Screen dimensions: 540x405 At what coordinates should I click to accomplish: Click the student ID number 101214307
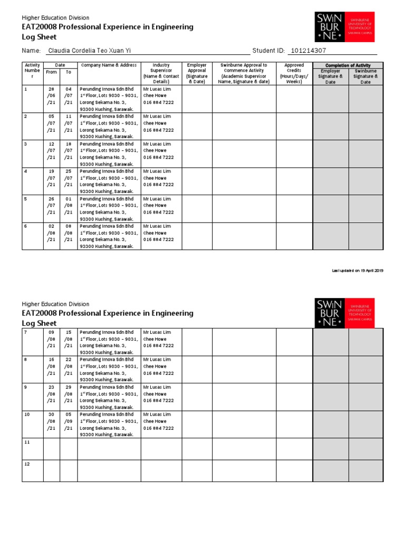308,51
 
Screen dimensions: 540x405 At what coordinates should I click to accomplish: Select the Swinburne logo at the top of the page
344,27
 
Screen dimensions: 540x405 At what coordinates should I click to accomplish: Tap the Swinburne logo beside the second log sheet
344,313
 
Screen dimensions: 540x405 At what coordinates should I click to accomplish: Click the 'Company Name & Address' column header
109,65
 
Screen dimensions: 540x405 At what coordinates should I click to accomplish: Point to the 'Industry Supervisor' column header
161,73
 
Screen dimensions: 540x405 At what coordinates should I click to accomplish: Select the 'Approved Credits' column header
294,73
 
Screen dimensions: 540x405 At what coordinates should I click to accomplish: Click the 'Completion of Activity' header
348,65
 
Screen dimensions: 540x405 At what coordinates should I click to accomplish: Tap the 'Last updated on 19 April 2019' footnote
357,271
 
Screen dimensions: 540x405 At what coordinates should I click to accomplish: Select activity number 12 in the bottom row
27,464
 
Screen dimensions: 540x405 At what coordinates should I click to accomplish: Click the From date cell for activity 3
51,151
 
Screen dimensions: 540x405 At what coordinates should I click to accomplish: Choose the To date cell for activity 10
69,421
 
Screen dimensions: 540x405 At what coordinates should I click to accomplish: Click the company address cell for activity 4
109,181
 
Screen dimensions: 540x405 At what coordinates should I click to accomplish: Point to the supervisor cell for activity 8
161,367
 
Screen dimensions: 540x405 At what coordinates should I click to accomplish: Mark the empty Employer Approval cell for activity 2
197,126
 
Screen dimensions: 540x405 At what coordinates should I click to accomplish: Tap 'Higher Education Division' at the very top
55,18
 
